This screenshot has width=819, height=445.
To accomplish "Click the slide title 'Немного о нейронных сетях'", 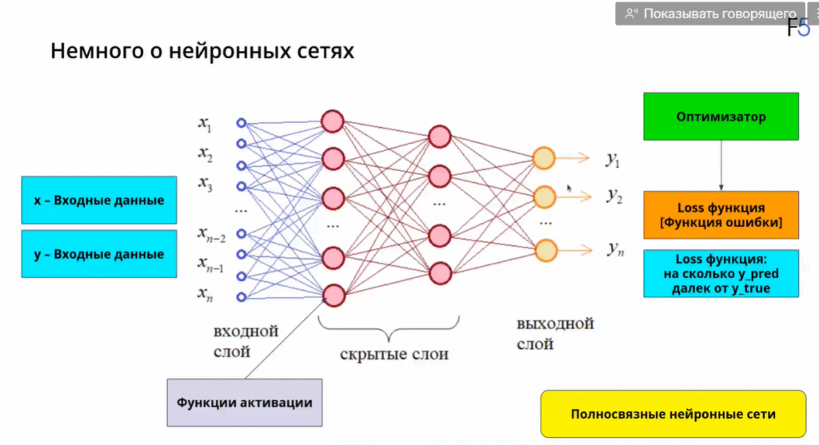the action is point(202,52).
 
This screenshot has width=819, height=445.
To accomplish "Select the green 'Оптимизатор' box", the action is point(721,117).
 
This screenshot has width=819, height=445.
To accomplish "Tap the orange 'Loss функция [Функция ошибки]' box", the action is point(721,215).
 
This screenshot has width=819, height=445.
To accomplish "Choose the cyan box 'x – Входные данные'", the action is point(99,200).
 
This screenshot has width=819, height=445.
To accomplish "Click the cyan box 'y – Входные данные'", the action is point(99,254).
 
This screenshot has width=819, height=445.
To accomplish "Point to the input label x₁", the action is point(206,124).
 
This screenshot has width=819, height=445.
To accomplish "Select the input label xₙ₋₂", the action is point(211,235).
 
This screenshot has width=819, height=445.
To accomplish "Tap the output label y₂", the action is point(614,196).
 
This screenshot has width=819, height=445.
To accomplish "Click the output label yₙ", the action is point(614,249).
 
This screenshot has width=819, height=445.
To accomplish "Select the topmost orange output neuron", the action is point(545,158).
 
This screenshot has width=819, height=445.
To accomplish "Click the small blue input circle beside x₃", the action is point(241,185).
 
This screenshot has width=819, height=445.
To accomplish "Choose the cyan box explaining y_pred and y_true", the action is point(721,274).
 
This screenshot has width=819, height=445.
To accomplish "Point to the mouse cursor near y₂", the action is point(569,189).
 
